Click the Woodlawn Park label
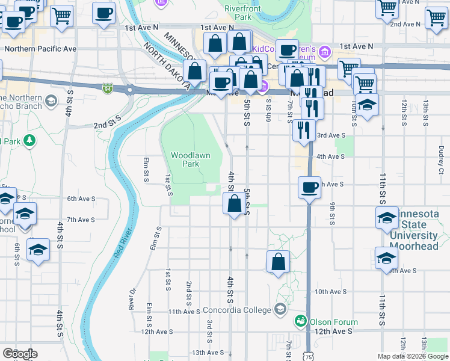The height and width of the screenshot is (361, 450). (x=190, y=159)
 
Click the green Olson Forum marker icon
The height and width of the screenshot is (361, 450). (x=301, y=322)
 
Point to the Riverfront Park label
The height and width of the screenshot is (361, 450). (x=238, y=13)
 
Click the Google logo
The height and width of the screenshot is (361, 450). (x=20, y=354)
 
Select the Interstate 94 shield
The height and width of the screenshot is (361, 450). (x=107, y=88)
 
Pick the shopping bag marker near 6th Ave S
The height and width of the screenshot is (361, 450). (x=233, y=204)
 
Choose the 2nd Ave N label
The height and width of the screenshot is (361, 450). (x=404, y=24)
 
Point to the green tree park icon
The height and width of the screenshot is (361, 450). (x=28, y=141)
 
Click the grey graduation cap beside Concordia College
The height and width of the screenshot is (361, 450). (x=280, y=309)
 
